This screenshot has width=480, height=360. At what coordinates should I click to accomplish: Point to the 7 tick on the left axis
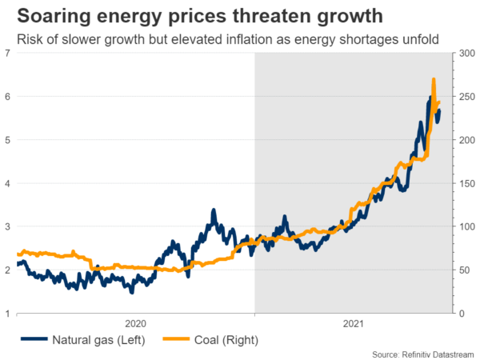[x=7, y=54]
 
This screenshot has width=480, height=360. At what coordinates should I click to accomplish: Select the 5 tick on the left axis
[x=7, y=140]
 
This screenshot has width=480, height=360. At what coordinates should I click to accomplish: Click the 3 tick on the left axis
[x=7, y=227]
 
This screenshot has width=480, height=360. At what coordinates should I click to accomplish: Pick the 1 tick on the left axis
[x=7, y=314]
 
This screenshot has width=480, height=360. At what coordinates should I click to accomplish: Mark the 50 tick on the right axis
[x=463, y=270]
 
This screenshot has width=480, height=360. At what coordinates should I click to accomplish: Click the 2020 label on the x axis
[x=134, y=324]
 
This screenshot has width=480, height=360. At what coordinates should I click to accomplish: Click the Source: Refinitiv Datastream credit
[x=422, y=354]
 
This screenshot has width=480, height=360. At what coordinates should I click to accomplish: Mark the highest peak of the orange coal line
[x=433, y=79]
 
